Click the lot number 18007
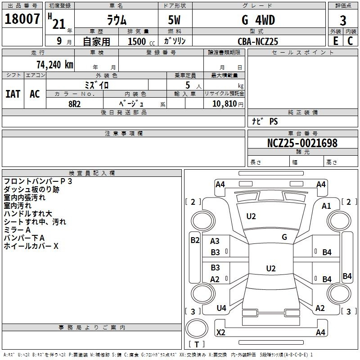pyautogui.click(x=22, y=19)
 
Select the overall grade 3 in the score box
pyautogui.click(x=343, y=20)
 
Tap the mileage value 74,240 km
pyautogui.click(x=55, y=65)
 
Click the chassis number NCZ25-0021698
pyautogui.click(x=302, y=143)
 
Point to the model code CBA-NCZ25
pyautogui.click(x=258, y=41)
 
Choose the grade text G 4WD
pyautogui.click(x=258, y=20)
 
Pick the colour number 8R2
pyautogui.click(x=74, y=104)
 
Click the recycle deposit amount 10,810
pyautogui.click(x=225, y=104)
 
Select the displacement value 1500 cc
pyautogui.click(x=141, y=41)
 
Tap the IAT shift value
pyautogui.click(x=13, y=94)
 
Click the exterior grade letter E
pyautogui.click(x=336, y=41)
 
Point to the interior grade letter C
pyautogui.click(x=350, y=41)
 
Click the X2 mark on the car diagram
pyautogui.click(x=221, y=332)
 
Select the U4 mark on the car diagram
pyautogui.click(x=221, y=308)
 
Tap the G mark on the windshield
pyautogui.click(x=284, y=237)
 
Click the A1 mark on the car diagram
pyautogui.click(x=326, y=206)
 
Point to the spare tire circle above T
pyautogui.click(x=197, y=328)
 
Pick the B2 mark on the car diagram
pyautogui.click(x=195, y=240)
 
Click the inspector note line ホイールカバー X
pyautogui.click(x=31, y=246)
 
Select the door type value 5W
pyautogui.click(x=174, y=20)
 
